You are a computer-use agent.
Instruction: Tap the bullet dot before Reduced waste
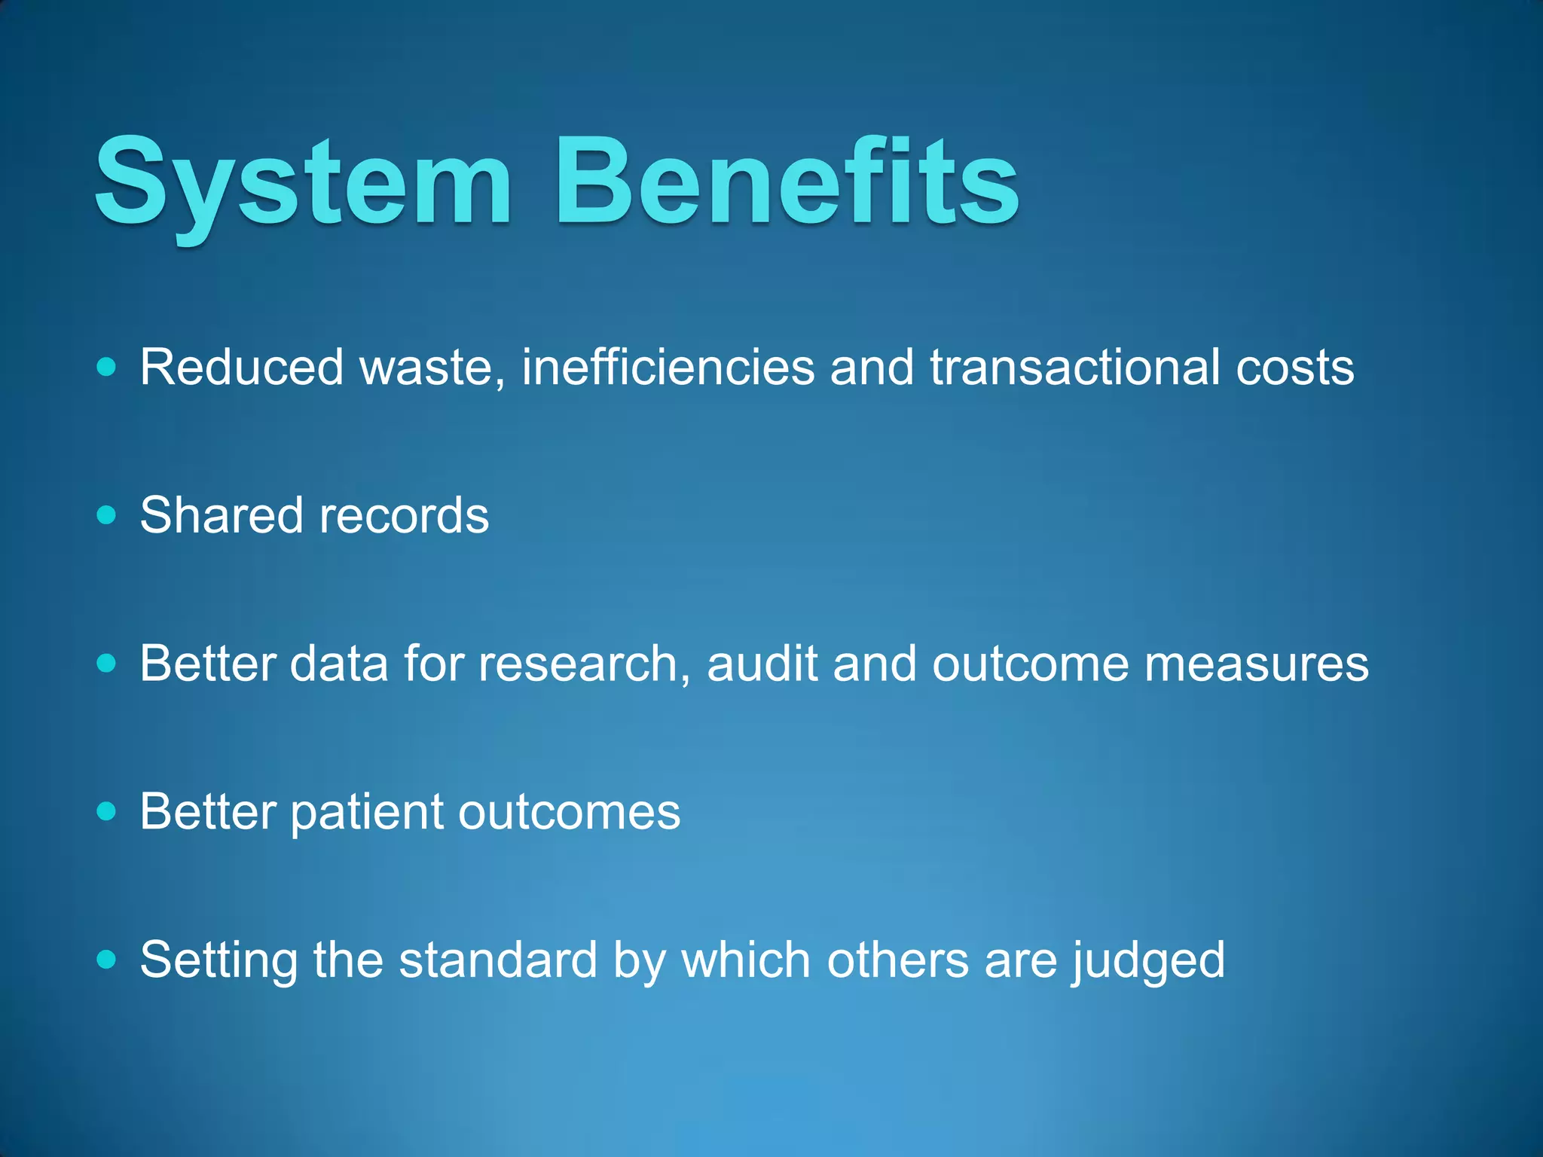[x=107, y=368]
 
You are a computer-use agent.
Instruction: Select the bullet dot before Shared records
[x=107, y=515]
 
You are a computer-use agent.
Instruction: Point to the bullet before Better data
[x=107, y=664]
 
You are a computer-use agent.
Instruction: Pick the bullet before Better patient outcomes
[x=107, y=811]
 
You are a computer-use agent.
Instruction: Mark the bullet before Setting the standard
[x=107, y=960]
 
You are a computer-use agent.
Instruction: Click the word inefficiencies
[x=668, y=368]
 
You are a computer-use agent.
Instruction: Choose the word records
[x=404, y=515]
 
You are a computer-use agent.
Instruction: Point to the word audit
[x=762, y=664]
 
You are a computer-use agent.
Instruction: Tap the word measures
[x=1256, y=664]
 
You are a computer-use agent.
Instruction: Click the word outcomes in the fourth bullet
[x=569, y=811]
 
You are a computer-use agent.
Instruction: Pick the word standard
[x=498, y=960]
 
